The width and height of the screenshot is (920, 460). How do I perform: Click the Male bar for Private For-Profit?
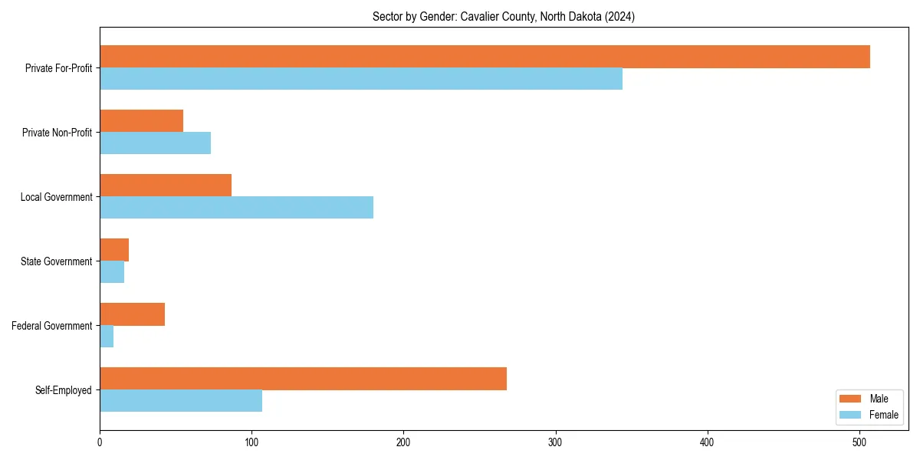pos(485,57)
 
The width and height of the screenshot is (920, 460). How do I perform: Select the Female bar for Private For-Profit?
pos(361,79)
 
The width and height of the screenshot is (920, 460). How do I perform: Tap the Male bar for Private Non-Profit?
pos(142,121)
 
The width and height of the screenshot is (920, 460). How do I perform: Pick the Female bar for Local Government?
pos(236,208)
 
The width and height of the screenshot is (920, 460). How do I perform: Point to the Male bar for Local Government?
pos(166,186)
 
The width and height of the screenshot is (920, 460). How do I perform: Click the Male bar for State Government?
pos(114,250)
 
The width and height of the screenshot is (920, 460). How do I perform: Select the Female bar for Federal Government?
pos(107,337)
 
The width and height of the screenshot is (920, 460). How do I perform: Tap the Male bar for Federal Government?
pos(132,314)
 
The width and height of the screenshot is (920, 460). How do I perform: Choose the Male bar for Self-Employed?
pos(303,379)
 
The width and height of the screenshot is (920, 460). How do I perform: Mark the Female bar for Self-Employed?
pos(181,401)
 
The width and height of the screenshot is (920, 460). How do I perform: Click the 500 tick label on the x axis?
pos(859,442)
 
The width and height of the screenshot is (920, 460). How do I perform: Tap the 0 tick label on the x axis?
pos(100,442)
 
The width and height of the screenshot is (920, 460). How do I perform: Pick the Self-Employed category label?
pos(64,390)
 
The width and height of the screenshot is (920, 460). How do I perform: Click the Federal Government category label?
pos(52,326)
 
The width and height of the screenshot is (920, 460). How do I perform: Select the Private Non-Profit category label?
pos(57,133)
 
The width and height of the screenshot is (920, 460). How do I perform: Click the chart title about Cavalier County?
pos(504,16)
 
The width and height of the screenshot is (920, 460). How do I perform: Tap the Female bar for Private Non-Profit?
pos(155,143)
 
